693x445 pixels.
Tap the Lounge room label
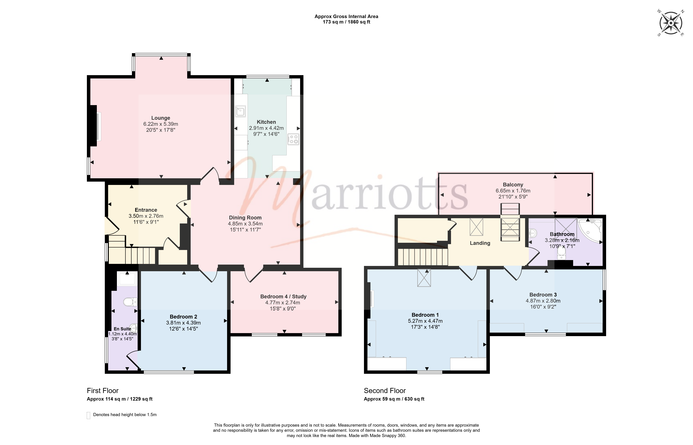tap(161, 118)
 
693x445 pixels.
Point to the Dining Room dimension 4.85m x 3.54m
tap(245, 224)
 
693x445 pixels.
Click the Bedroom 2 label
tap(183, 317)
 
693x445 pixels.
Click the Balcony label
tap(513, 185)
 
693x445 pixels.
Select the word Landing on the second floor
tap(480, 243)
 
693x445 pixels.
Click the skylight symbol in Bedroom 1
tap(424, 278)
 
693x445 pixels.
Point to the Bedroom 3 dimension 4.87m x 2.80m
tap(543, 301)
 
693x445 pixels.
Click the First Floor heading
tap(103, 391)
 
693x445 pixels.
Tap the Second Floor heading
tap(385, 391)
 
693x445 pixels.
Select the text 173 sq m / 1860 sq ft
tap(346, 22)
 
